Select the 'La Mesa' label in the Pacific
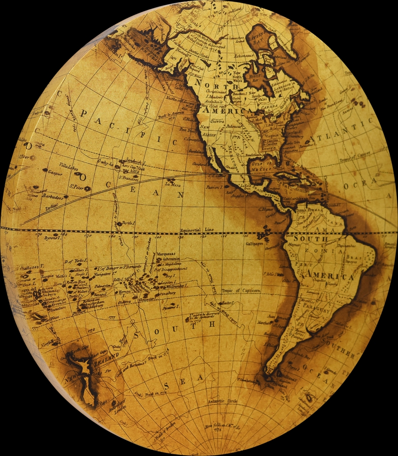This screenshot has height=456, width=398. click(173, 185)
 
